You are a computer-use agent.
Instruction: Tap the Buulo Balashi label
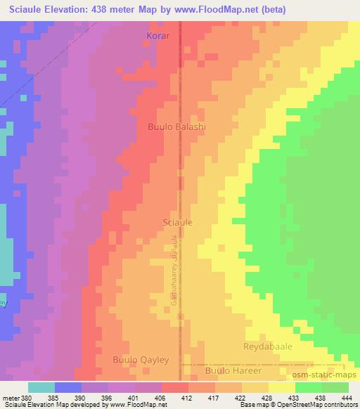pos(176,126)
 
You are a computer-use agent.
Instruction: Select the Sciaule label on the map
pos(178,221)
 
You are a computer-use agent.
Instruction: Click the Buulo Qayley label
pos(141,360)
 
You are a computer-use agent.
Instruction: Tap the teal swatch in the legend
pos(41,387)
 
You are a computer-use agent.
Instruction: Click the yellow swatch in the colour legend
pos(282,387)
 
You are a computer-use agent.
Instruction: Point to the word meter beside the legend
pos(11,397)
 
